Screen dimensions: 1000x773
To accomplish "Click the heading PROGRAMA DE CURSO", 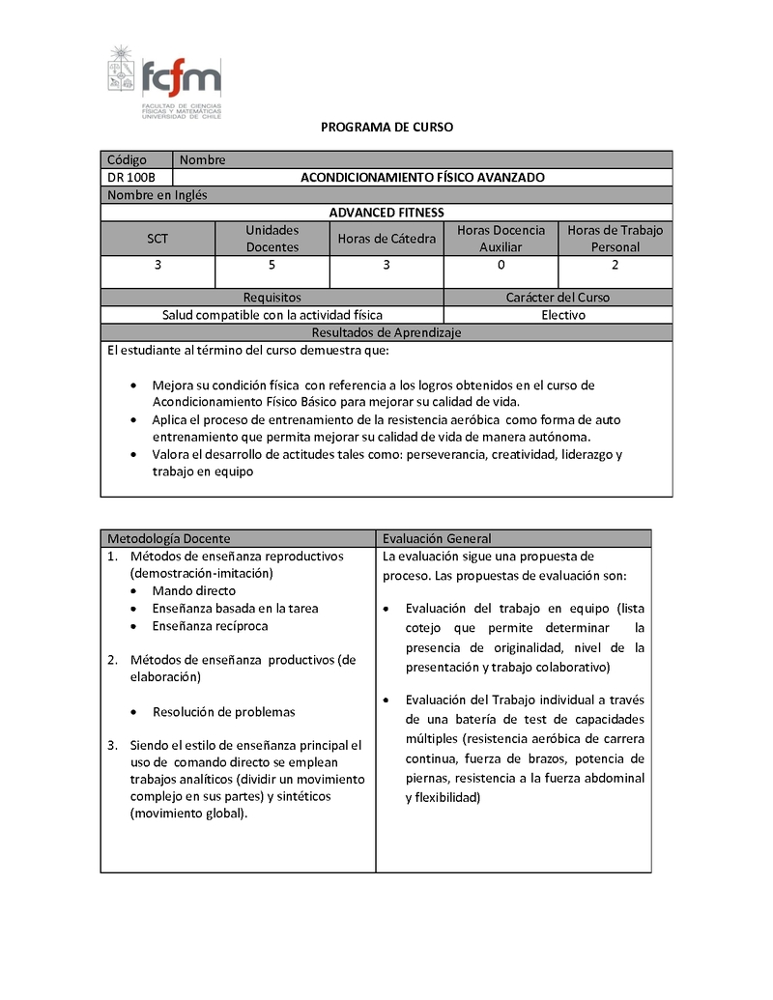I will [386, 127].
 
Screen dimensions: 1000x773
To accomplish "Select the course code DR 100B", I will [131, 178].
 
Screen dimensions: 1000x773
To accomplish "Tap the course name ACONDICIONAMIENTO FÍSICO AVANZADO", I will [422, 178].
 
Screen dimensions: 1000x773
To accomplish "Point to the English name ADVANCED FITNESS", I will [386, 213].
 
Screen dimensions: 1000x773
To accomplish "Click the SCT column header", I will [157, 239].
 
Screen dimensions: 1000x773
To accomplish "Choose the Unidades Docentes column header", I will [272, 239].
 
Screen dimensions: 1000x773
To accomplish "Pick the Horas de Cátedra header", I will [386, 239].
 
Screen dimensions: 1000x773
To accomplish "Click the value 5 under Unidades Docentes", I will [272, 265].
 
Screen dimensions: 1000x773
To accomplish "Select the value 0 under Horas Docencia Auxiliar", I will [501, 265].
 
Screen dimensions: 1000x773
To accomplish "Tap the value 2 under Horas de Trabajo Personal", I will [616, 265].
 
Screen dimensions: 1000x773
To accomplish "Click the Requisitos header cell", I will [272, 298].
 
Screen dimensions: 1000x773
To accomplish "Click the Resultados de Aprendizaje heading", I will [386, 332].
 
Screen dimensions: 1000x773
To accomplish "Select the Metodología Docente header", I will [169, 538].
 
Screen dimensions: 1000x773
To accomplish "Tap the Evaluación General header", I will [437, 538].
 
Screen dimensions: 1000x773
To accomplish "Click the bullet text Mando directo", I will [193, 591].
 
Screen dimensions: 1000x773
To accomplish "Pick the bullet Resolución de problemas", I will [223, 712].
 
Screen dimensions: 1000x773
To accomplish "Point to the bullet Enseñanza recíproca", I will [210, 626].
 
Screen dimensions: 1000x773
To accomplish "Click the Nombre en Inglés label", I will [157, 195].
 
